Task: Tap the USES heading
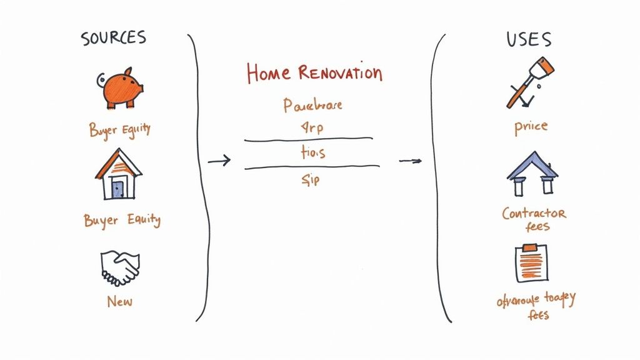pos(529,40)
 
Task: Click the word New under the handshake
pos(119,301)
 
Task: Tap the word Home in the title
pos(269,73)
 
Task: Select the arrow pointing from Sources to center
pos(219,162)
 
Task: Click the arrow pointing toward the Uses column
pos(410,161)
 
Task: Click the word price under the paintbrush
pos(531,126)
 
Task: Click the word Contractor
pos(534,213)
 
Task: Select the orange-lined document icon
pos(531,264)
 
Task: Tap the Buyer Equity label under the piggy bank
pos(119,130)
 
